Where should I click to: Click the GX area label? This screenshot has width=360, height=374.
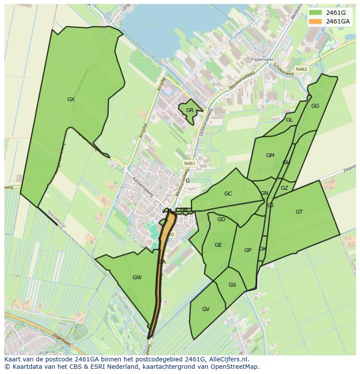pos(71,99)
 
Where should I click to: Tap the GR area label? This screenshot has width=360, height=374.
pos(190,110)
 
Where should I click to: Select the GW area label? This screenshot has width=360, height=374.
pos(137,278)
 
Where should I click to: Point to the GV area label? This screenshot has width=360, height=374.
pos(206,309)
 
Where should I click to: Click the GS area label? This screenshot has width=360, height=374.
pos(232,285)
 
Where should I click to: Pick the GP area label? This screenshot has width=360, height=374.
pos(248,250)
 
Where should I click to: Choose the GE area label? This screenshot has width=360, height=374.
pos(218,245)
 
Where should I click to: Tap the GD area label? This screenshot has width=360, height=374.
pos(221,219)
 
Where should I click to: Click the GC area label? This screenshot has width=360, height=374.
pos(228,194)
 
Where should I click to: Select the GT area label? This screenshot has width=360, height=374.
pos(299,212)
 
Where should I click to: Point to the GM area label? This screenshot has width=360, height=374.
pos(270,156)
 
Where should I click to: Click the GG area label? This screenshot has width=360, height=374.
pos(315,106)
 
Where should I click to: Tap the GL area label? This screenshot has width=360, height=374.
pos(289,120)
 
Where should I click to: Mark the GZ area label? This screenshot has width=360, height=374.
pos(284,188)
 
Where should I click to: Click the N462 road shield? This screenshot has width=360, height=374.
pos(301,69)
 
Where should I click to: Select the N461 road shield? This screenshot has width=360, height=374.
pos(190,163)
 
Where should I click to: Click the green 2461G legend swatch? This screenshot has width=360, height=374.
pos(315,12)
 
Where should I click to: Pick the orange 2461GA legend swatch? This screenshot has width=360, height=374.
pos(315,21)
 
